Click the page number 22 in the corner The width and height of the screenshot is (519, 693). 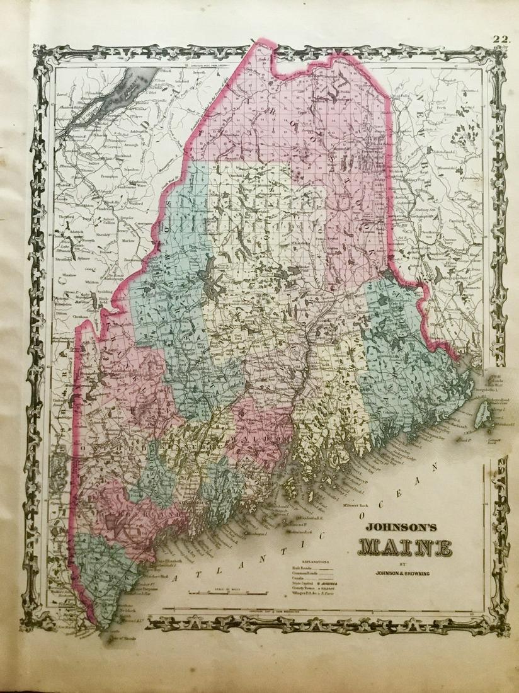pyautogui.click(x=501, y=40)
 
